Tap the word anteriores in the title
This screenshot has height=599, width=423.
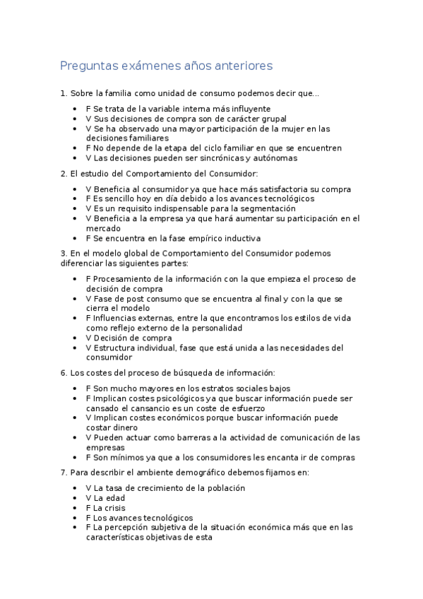(x=237, y=66)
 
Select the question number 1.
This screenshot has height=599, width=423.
(x=64, y=93)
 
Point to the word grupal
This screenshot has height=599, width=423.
(x=273, y=119)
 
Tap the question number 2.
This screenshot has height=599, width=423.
(x=64, y=174)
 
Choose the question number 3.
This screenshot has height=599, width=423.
(x=64, y=253)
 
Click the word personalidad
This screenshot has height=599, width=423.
(x=211, y=328)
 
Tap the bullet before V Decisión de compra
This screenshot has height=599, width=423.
(x=76, y=338)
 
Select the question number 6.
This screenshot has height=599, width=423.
(x=64, y=373)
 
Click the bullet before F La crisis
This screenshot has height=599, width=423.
(x=76, y=508)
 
